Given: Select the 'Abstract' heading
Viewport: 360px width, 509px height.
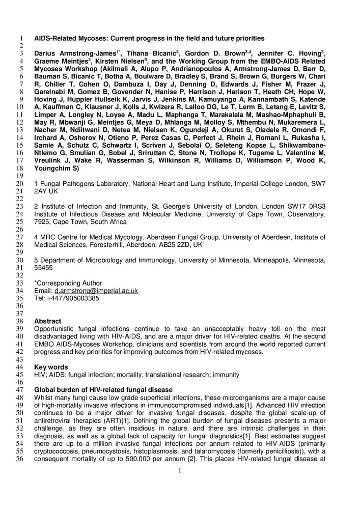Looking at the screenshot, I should [x=47, y=322].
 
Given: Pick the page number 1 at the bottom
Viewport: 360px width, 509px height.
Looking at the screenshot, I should [x=180, y=471].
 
